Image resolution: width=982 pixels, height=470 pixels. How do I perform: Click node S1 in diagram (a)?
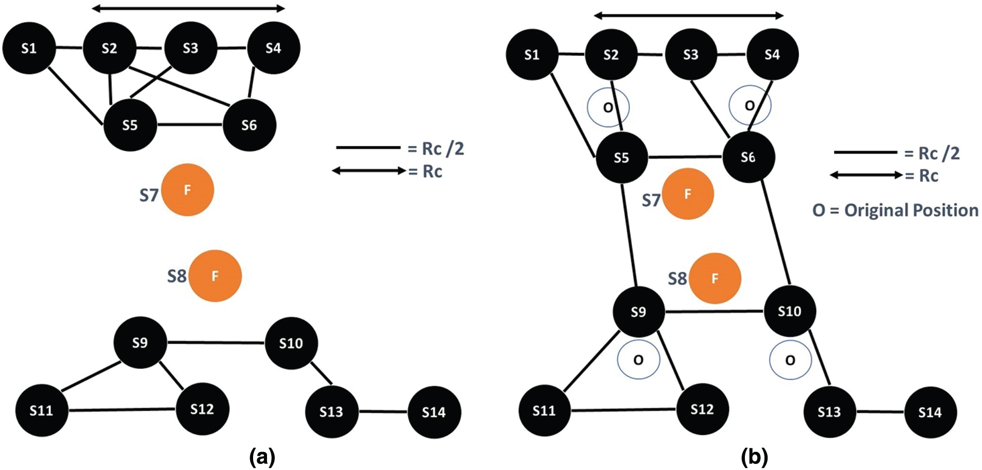pos(29,48)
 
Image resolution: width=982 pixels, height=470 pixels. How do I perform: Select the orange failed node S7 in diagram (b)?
pos(688,194)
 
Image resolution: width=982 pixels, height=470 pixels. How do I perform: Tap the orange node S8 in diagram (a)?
pos(215,276)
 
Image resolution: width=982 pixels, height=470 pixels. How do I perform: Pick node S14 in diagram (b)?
pos(930,412)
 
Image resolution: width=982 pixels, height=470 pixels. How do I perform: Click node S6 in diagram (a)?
pos(249,125)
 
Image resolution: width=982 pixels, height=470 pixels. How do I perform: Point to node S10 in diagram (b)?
pos(789,311)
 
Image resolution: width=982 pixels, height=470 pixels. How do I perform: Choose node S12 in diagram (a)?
pos(202,409)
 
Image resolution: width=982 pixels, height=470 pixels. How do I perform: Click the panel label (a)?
pos(262,457)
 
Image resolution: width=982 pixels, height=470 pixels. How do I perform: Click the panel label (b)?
pos(754,457)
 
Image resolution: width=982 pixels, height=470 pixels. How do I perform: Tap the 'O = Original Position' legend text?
pos(895,210)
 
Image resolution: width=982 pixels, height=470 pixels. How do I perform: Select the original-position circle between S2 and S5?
pos(608,107)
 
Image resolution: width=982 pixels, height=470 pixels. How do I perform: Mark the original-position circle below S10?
pos(790,360)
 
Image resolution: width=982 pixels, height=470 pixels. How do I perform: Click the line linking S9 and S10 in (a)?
pos(216,343)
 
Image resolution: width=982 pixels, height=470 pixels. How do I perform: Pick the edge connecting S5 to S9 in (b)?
pos(630,235)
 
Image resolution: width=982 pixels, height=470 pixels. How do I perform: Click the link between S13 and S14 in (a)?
pos(383,412)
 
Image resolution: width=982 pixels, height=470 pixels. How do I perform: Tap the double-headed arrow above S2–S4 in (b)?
pos(689,16)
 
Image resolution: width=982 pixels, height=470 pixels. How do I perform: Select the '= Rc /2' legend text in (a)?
pos(436,149)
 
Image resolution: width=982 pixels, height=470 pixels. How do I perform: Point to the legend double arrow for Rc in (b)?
pos(866,175)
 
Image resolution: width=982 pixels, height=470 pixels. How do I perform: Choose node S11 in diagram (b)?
pos(544,411)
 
